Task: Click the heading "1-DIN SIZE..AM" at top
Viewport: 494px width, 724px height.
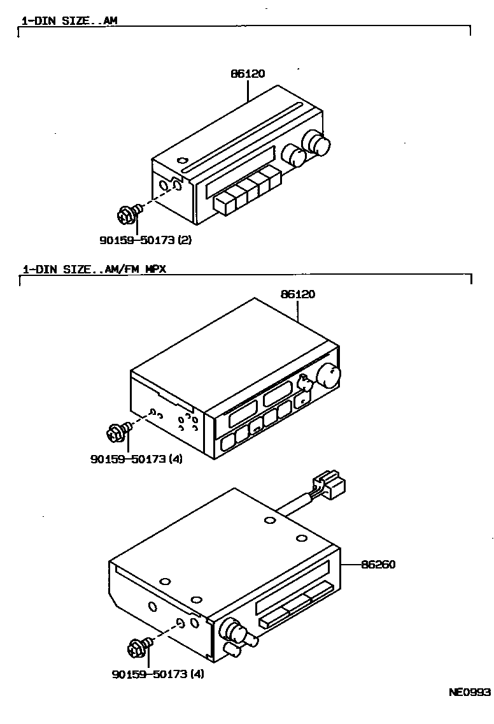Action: pyautogui.click(x=69, y=20)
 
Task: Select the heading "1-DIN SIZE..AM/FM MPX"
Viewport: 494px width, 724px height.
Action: pyautogui.click(x=94, y=269)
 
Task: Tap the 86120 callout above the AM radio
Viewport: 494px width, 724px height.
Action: pyautogui.click(x=248, y=74)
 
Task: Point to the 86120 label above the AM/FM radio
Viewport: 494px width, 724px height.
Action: pyautogui.click(x=298, y=294)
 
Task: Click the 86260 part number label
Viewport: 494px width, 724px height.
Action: pyautogui.click(x=378, y=565)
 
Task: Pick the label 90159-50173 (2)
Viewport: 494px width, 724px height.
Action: pyautogui.click(x=145, y=240)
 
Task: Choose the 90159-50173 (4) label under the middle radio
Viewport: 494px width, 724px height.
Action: pyautogui.click(x=136, y=458)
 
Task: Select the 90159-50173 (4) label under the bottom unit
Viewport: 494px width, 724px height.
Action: pyautogui.click(x=157, y=674)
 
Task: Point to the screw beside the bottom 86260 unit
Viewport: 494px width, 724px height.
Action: pyautogui.click(x=139, y=648)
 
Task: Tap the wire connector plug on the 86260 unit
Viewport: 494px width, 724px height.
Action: pyautogui.click(x=330, y=485)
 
